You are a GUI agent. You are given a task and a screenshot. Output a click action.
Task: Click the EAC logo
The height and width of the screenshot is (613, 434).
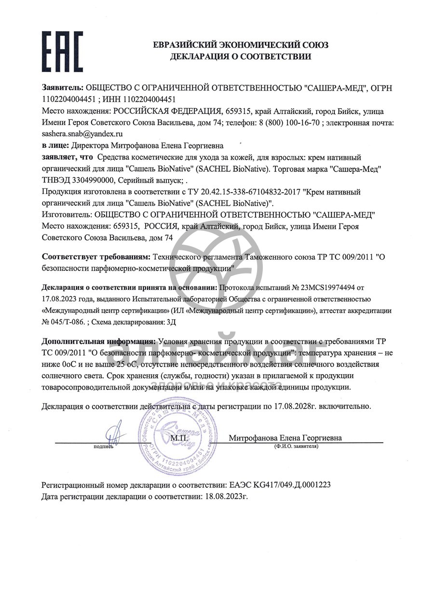tap(62, 52)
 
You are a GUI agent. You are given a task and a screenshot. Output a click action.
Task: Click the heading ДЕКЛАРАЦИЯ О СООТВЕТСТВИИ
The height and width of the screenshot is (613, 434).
tap(240, 57)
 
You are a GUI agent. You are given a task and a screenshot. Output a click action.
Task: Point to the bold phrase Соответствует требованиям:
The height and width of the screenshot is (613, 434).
tap(96, 257)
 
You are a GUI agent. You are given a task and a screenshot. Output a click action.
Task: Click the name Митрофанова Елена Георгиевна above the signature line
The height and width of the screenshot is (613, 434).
tap(285, 438)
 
